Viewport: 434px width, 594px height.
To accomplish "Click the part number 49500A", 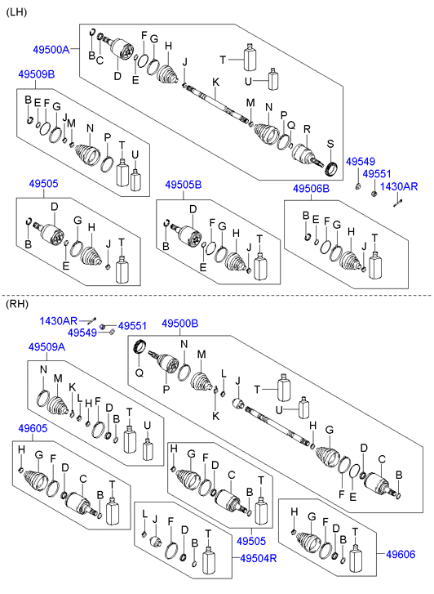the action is click(51, 49).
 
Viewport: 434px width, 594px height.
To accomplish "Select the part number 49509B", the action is click(37, 74).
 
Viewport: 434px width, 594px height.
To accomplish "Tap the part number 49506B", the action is click(311, 188).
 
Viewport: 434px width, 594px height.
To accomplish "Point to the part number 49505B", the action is click(183, 185).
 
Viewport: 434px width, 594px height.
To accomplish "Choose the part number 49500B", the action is click(179, 324).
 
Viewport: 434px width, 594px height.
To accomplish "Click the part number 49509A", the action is click(47, 346).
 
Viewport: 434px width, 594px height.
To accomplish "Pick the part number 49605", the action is click(33, 428).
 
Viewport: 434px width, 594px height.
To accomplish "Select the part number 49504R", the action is click(259, 558).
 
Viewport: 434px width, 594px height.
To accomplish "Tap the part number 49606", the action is click(401, 554).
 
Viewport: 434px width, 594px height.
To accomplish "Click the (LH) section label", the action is click(16, 12).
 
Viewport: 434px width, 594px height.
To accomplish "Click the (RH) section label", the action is click(17, 304).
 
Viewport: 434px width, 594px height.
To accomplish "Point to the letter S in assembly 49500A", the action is click(330, 144).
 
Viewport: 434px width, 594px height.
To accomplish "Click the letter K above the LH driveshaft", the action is click(215, 83).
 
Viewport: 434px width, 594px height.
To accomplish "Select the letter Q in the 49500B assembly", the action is click(139, 373).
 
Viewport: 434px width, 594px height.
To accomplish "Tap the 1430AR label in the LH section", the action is click(399, 186).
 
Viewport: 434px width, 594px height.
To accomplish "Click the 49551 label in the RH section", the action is click(132, 326).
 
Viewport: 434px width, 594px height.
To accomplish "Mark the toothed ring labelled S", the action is click(331, 168).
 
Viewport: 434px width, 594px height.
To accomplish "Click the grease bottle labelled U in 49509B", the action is click(136, 181).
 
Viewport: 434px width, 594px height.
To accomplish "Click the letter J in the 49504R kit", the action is click(155, 519).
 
